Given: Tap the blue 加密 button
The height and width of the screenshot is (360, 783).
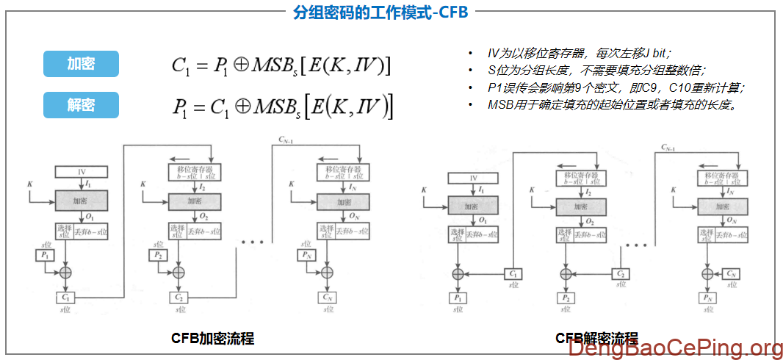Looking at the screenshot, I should tap(81, 64).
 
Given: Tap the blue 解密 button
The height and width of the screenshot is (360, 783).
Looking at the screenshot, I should tap(81, 105).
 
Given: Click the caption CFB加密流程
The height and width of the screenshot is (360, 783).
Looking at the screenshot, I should tap(212, 339).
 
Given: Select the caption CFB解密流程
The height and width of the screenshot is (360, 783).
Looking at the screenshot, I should tap(596, 339).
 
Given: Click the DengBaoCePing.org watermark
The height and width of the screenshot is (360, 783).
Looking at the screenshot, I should tap(676, 348).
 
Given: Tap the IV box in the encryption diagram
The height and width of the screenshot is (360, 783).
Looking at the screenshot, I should tap(82, 172).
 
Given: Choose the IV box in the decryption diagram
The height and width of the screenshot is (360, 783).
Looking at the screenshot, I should tap(473, 178).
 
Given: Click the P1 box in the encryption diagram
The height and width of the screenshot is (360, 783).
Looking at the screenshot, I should tap(45, 255).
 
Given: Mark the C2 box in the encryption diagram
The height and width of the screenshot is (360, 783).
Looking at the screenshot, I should tap(178, 297).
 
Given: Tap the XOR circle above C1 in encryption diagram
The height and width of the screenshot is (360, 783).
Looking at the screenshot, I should tap(65, 273).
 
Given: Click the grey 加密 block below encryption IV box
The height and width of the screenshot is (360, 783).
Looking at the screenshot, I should tap(82, 200).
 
